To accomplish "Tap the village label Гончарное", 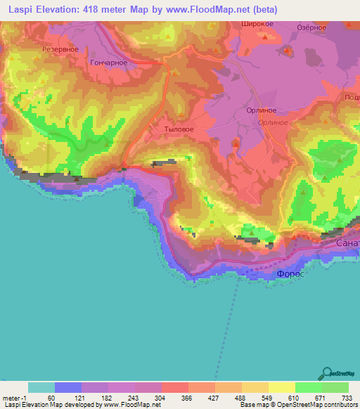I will pyautogui.click(x=109, y=63).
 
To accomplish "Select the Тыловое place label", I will pyautogui.click(x=178, y=129).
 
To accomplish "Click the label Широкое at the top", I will pyautogui.click(x=257, y=23).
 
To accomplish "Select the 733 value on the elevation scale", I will pyautogui.click(x=347, y=397).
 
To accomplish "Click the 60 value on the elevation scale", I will pyautogui.click(x=51, y=397).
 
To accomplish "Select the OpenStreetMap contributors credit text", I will pyautogui.click(x=313, y=405).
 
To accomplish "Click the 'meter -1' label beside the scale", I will pyautogui.click(x=15, y=397).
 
